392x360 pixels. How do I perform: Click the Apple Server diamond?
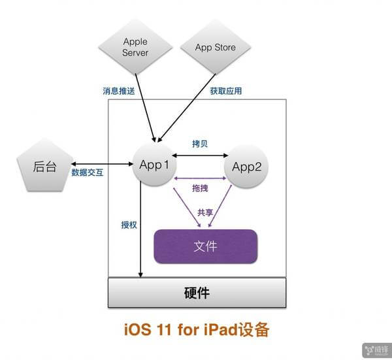tap(135, 48)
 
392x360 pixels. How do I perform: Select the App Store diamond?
tap(215, 48)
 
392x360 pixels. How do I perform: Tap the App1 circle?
tap(155, 165)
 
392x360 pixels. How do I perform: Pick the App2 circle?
tap(246, 166)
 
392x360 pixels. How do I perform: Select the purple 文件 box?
tap(205, 246)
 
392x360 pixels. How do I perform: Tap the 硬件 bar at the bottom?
tap(197, 292)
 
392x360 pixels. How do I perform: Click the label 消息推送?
tap(119, 91)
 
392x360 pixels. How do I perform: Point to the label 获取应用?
tap(226, 91)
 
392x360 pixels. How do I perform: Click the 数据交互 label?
tap(87, 174)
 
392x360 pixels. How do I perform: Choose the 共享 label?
tap(205, 213)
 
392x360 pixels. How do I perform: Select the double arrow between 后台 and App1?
tap(97, 165)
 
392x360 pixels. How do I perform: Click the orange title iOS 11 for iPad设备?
tap(196, 329)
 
